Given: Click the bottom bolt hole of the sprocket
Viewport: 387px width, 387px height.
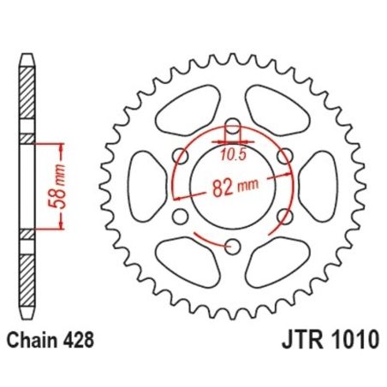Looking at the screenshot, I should [x=233, y=247].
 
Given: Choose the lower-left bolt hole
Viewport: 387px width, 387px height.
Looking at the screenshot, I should [x=180, y=217].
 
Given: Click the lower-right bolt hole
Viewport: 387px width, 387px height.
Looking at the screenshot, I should [x=286, y=217].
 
